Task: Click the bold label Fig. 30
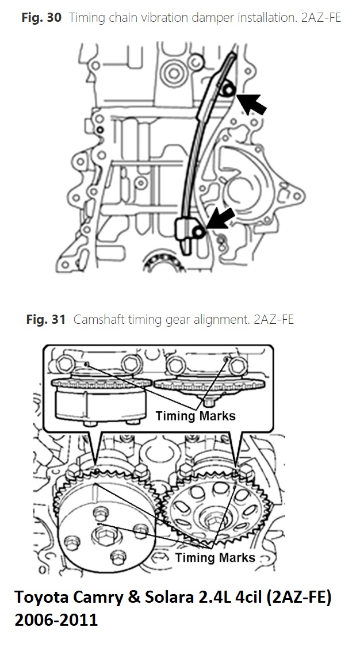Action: click(x=41, y=18)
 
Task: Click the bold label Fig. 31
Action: click(x=46, y=319)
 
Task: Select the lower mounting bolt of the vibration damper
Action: click(x=199, y=231)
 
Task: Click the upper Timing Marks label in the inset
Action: click(x=196, y=415)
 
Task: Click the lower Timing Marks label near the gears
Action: click(x=215, y=557)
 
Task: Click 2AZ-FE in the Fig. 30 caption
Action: click(x=320, y=18)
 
